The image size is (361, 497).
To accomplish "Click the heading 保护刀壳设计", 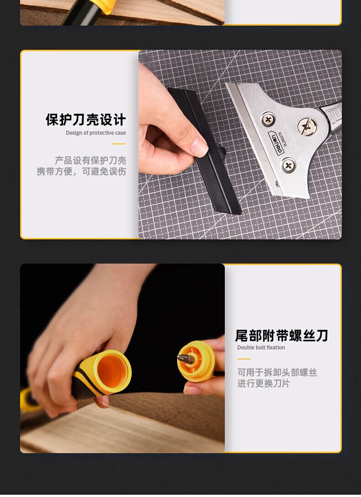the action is click(85, 120).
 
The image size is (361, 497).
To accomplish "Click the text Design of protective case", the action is click(96, 133).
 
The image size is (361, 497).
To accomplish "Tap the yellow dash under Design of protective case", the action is click(119, 144).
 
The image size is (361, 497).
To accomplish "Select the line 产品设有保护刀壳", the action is click(90, 160).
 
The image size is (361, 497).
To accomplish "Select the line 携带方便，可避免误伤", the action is click(81, 171).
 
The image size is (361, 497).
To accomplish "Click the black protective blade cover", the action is click(205, 150).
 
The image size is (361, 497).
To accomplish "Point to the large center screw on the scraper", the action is click(307, 127).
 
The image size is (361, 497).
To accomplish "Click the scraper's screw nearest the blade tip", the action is click(288, 165).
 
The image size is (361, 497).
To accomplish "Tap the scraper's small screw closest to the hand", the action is click(268, 119).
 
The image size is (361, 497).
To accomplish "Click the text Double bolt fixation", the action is click(261, 347).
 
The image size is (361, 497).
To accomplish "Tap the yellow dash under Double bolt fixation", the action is click(244, 359).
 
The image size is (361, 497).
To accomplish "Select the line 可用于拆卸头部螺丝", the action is click(277, 372).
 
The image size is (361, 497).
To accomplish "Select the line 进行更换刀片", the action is click(264, 384).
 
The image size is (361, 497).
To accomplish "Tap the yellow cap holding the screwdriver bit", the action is click(196, 360).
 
